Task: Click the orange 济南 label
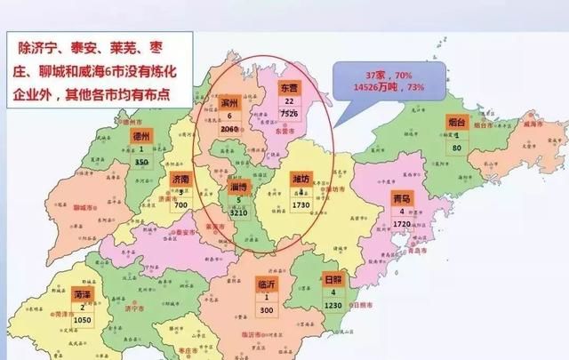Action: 180,178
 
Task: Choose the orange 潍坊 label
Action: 302,178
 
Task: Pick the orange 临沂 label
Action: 266,284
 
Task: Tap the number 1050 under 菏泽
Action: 83,318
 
